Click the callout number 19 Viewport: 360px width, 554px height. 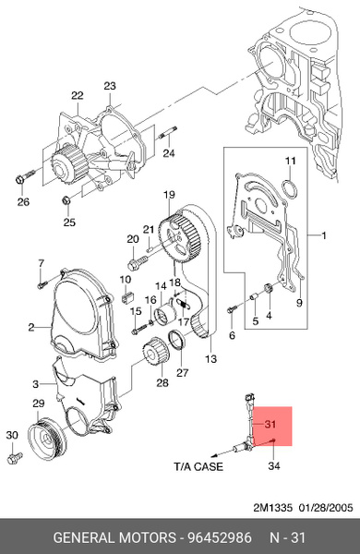click(x=169, y=195)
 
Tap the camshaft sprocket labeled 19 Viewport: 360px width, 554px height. click(x=180, y=239)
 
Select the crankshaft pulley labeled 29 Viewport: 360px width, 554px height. click(x=47, y=438)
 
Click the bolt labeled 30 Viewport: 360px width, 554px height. click(x=15, y=458)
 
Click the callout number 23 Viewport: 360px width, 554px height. click(x=110, y=86)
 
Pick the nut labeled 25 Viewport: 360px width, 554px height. click(x=66, y=200)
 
